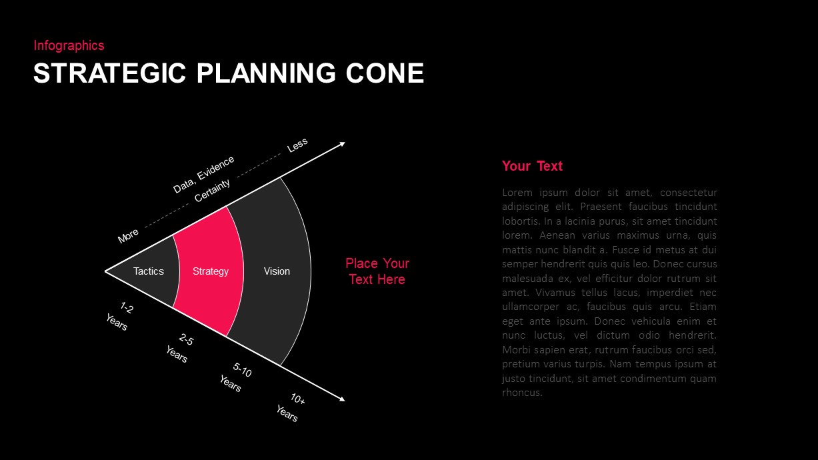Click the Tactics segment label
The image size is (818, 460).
coord(148,271)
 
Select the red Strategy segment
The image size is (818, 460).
coord(210,271)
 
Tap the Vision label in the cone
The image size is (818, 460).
coord(277,271)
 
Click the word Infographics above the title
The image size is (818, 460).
coord(69,45)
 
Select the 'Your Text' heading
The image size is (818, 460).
coord(532,166)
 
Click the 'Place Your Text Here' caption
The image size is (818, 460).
coord(377,271)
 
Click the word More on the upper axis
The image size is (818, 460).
coord(128,235)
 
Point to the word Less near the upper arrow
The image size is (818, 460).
coord(297,145)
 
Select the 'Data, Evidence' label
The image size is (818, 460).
coord(203,174)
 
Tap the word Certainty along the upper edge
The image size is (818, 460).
coord(213,191)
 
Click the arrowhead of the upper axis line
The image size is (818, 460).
coord(342,143)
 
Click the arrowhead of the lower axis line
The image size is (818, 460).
coord(342,399)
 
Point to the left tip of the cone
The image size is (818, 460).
coord(106,271)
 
